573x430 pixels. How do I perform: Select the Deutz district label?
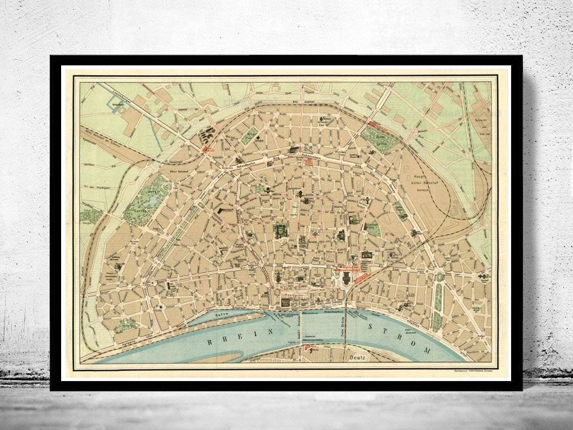tap(358, 358)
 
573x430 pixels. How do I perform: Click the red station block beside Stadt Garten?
tap(378, 124)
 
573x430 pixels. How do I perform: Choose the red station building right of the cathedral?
tap(362, 277)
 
